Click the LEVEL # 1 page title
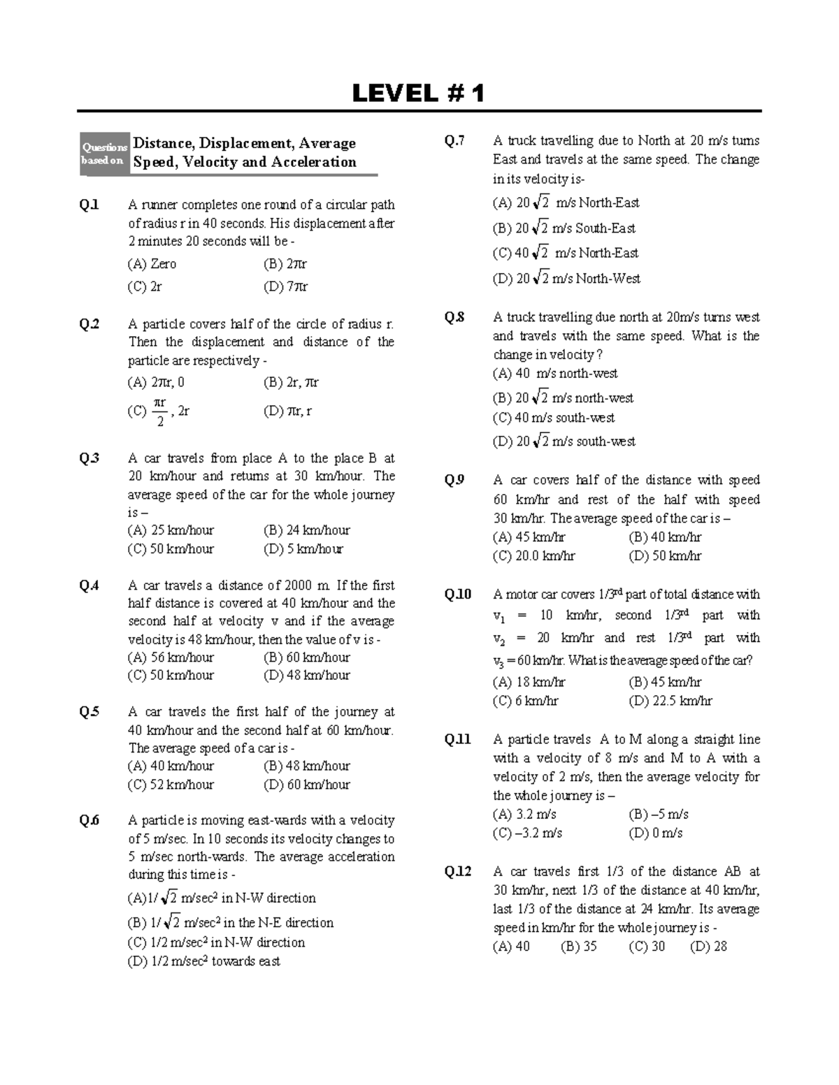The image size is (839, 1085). [x=418, y=93]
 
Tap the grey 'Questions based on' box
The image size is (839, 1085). [x=104, y=154]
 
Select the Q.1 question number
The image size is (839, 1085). [x=89, y=205]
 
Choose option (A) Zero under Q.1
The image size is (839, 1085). [x=152, y=264]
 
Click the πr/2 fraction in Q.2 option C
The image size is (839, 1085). [x=159, y=412]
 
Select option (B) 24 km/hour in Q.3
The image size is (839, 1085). [x=306, y=530]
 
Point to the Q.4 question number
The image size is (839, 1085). [x=89, y=585]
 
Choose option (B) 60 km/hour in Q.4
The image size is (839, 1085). [x=306, y=657]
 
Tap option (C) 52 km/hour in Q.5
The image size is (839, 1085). [x=171, y=785]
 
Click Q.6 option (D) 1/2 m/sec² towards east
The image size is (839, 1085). [x=203, y=961]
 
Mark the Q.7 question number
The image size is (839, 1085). [x=454, y=141]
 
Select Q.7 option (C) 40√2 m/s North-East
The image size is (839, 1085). [x=566, y=253]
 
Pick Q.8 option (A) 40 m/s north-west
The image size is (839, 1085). [x=555, y=373]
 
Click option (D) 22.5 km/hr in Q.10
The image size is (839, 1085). [x=670, y=701]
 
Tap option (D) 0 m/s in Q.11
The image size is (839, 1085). [x=656, y=833]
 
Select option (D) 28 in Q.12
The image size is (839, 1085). [x=708, y=947]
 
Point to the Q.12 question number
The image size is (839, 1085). [x=458, y=871]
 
